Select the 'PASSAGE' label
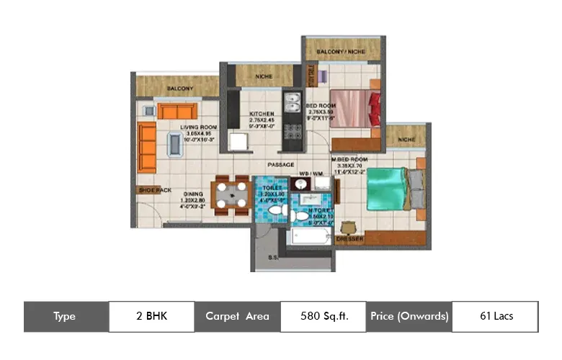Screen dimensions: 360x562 pos(280,165)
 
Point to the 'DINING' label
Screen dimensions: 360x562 pos(192,194)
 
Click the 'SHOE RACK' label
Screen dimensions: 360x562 pos(154,190)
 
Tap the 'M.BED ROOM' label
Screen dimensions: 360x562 pos(349,158)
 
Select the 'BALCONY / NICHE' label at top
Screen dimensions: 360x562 pos(342,52)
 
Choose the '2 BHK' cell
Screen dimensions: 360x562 pos(151,316)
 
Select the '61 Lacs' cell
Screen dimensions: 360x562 pos(495,316)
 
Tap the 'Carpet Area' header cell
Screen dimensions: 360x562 pos(237,316)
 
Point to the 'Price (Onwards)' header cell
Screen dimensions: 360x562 pos(409,316)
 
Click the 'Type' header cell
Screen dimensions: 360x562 pos(66,316)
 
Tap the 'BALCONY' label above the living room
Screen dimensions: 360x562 pos(179,89)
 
